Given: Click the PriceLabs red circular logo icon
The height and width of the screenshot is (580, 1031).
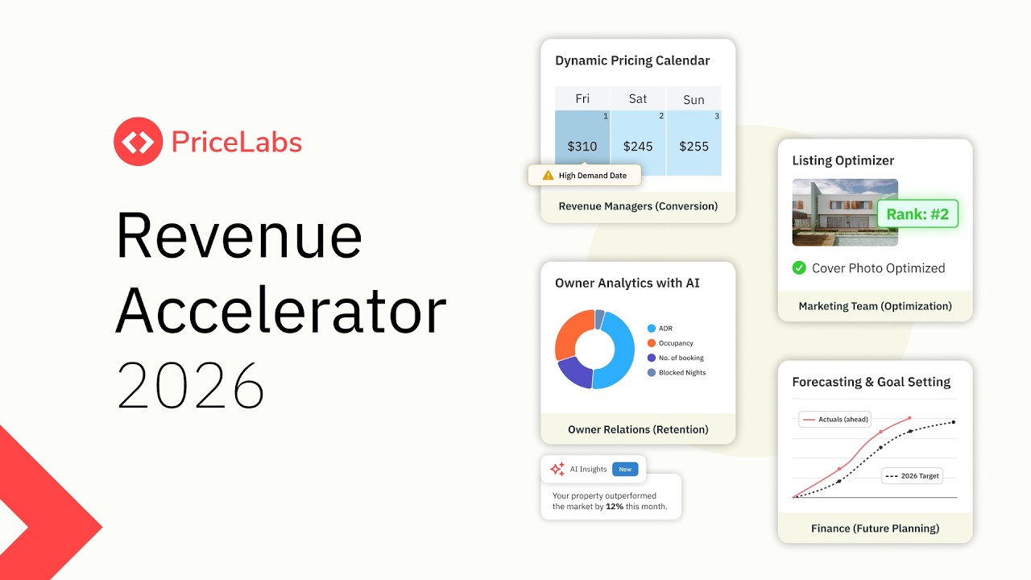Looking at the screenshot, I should [138, 142].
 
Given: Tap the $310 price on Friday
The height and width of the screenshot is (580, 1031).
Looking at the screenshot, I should [582, 147].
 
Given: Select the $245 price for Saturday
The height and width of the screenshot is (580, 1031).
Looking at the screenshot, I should [638, 147].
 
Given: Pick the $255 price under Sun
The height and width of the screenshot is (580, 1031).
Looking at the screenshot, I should [694, 147].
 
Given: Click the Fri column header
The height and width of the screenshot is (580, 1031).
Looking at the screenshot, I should [582, 98].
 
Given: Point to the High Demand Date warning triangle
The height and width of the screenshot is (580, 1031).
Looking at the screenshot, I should [548, 175].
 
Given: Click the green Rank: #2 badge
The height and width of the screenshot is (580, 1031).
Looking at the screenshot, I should [917, 214].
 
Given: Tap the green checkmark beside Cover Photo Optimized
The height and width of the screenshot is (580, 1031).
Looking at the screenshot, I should [799, 267].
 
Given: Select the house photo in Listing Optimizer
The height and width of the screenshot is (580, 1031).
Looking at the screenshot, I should [845, 212].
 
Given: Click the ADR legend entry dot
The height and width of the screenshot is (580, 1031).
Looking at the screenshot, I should [652, 329].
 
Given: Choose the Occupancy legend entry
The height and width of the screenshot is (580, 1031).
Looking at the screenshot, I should [675, 343].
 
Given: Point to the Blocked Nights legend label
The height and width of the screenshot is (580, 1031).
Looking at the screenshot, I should [681, 372].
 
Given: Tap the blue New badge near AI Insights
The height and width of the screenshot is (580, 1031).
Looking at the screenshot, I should [625, 469].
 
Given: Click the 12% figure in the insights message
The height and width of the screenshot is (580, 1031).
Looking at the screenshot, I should [614, 507].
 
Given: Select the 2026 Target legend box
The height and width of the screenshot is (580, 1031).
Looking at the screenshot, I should [913, 476].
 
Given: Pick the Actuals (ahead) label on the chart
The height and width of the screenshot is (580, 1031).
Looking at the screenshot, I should [843, 419].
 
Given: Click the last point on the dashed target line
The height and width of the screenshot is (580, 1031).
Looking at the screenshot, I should [954, 422].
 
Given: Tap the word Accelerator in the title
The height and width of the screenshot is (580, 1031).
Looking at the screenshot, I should [281, 312].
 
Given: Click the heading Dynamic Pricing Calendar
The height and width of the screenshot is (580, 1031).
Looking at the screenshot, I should [632, 60].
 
